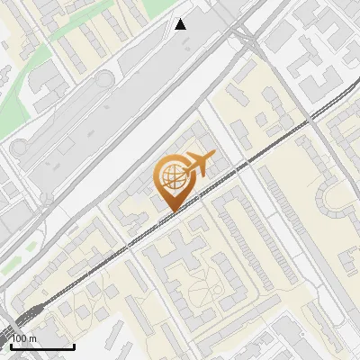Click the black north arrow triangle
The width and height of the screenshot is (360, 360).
[x=181, y=24]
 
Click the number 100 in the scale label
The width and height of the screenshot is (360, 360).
[x=21, y=338]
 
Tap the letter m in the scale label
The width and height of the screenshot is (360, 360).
[x=32, y=338]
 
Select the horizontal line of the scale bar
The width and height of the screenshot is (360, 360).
[x=42, y=346]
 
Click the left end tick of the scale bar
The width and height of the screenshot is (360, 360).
[x=11, y=344]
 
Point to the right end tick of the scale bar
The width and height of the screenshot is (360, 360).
[x=74, y=344]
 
